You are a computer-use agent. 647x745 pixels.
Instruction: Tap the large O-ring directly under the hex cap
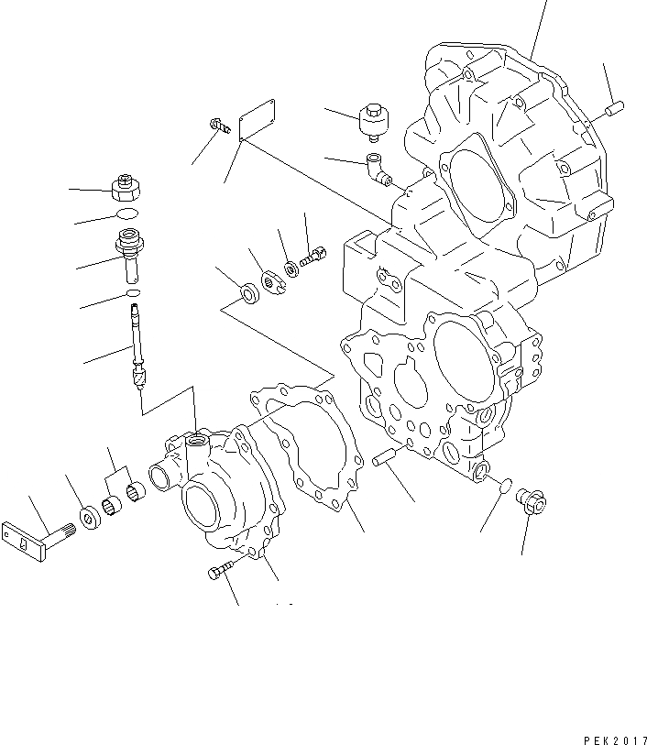129,214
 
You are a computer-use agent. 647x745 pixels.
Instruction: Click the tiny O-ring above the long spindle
134,292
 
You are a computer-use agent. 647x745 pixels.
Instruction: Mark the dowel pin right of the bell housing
613,111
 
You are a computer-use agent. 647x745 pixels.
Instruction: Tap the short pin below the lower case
385,457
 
